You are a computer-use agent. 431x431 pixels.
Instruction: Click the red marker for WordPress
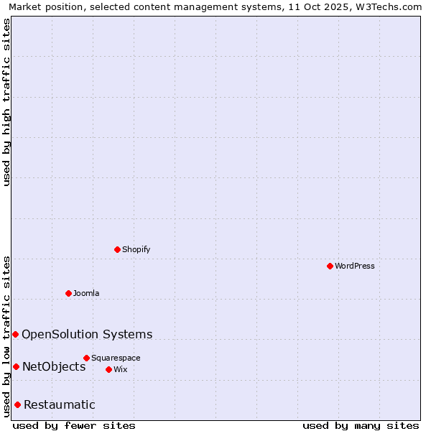330,266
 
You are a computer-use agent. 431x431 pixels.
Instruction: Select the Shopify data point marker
117,249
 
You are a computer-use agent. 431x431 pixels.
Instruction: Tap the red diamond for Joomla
68,293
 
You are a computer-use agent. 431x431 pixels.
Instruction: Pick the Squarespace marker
86,358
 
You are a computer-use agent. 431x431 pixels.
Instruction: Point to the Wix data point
108,369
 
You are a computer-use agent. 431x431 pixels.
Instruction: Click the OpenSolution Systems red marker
15,334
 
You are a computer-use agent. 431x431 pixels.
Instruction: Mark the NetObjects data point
16,366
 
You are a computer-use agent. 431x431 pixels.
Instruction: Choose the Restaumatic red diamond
17,404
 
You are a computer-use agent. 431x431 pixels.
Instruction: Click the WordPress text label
355,266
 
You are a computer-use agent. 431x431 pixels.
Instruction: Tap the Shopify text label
136,249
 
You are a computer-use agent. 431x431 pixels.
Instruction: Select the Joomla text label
86,293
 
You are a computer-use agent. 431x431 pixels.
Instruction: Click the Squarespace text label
116,358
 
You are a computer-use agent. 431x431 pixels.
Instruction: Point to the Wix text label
120,369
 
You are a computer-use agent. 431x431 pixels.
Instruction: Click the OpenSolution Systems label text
87,334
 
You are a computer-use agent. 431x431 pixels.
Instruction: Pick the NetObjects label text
54,366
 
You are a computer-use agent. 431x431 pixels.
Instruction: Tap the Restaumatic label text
60,404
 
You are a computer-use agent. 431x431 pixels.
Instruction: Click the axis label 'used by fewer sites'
74,425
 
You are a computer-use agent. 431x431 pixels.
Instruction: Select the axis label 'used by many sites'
361,425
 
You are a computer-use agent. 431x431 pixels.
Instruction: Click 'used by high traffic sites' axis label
6,102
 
